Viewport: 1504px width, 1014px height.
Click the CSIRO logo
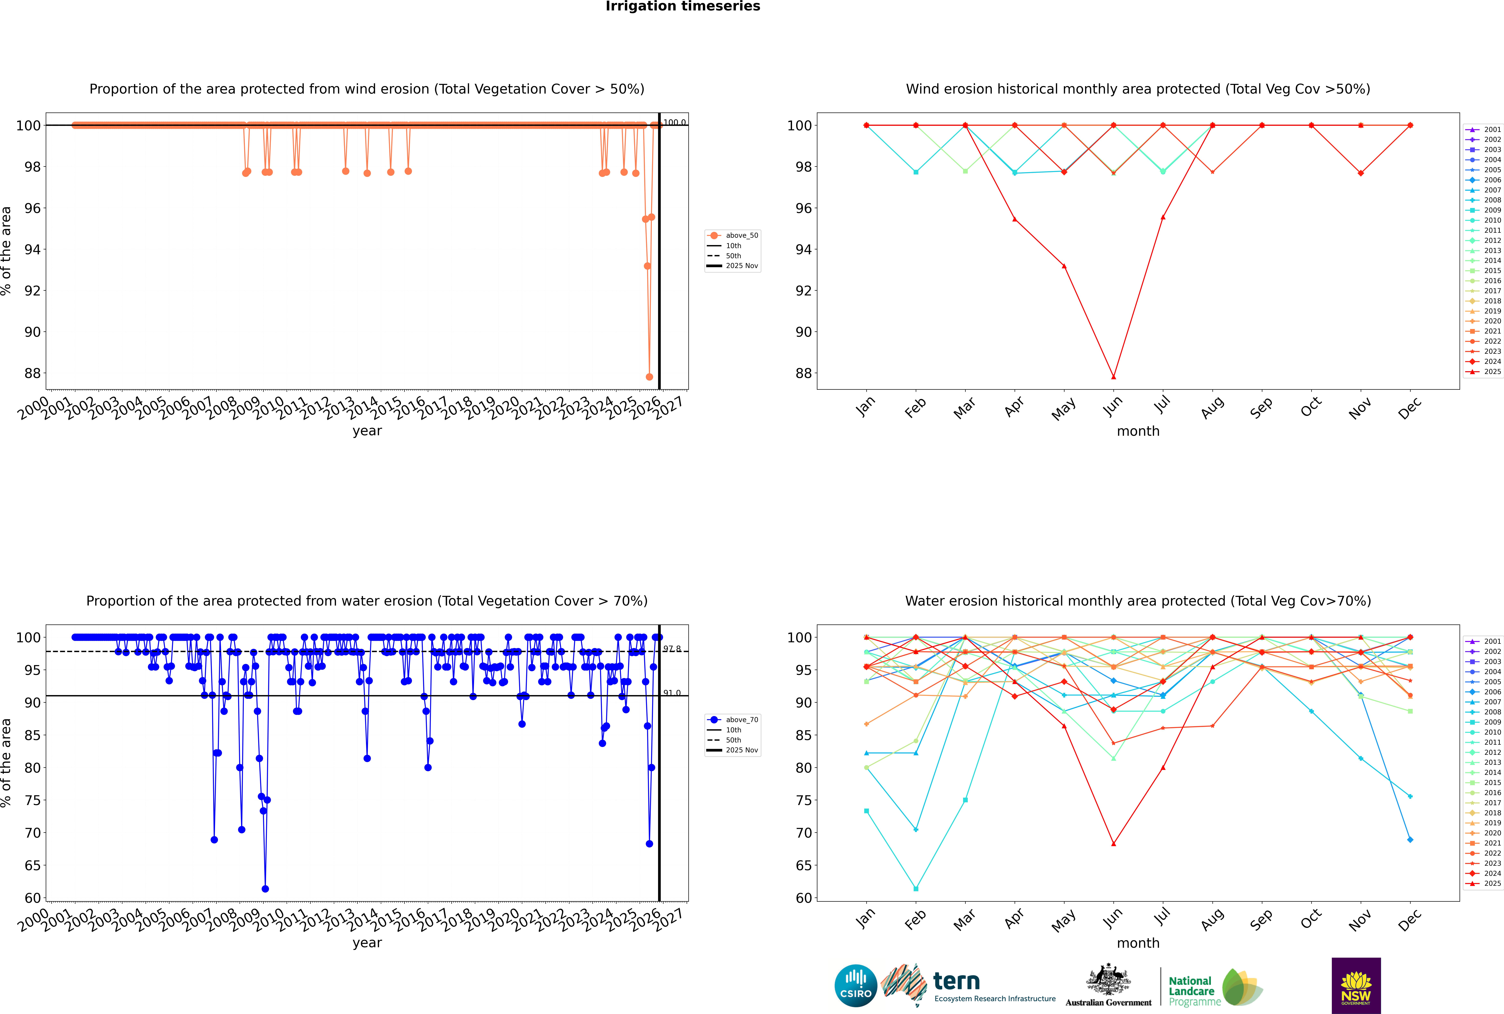(x=855, y=986)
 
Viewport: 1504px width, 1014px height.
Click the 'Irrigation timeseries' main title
(x=683, y=6)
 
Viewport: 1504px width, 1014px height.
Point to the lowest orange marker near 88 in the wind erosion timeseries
(x=649, y=377)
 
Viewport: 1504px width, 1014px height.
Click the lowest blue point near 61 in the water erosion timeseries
(x=265, y=889)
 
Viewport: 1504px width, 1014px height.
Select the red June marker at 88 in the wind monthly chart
(x=1113, y=377)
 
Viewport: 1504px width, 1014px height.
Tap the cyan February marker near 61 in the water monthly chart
(x=916, y=889)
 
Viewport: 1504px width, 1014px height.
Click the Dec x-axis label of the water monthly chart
(x=1410, y=920)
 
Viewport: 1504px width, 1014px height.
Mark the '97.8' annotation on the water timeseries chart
(x=672, y=649)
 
